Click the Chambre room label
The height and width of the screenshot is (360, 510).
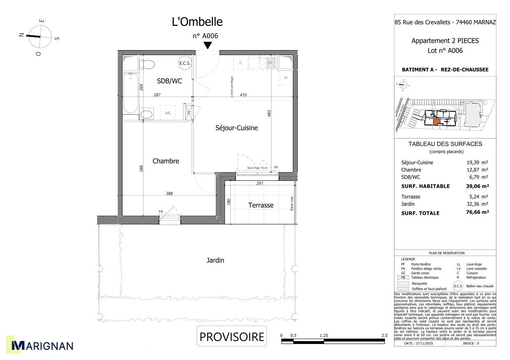point(166,161)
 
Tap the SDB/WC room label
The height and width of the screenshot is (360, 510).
point(169,81)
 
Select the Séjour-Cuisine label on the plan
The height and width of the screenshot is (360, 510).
point(236,128)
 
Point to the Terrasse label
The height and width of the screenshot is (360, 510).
point(261,205)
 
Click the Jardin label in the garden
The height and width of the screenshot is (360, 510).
point(215,260)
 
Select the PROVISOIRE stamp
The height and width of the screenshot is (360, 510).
point(232,337)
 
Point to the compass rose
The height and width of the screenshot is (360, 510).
point(40,36)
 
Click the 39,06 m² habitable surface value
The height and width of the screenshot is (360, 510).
point(475,186)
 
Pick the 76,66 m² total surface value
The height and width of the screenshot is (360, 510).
point(475,212)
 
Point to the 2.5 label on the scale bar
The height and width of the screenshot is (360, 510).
point(384,335)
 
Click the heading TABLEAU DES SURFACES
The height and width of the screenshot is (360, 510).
point(445,144)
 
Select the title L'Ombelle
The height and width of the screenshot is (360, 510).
point(197,22)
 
